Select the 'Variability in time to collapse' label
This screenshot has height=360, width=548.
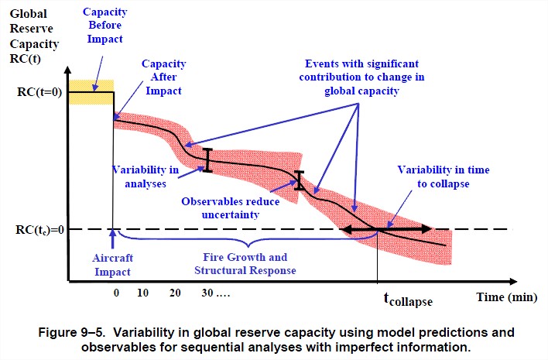point(443,176)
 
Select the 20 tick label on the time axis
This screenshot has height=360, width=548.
point(175,294)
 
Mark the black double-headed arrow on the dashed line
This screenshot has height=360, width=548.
point(387,229)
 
